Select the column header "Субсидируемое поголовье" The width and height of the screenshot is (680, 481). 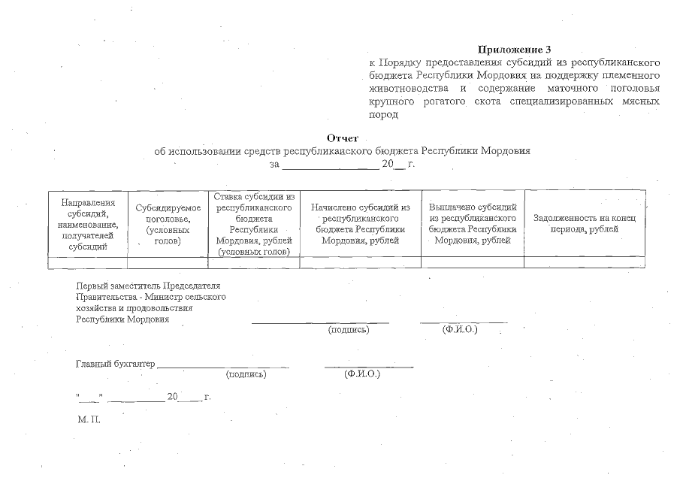(x=168, y=224)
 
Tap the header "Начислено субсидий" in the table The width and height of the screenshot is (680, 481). (x=360, y=223)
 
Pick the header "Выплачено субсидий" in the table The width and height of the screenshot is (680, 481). (x=473, y=223)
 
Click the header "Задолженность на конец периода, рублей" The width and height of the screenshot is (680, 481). (x=585, y=223)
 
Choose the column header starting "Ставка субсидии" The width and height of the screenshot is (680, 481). (x=253, y=223)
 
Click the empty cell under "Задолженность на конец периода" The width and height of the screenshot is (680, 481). (x=585, y=262)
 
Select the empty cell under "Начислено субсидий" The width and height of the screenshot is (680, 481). (x=360, y=262)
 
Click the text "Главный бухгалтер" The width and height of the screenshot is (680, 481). (x=116, y=365)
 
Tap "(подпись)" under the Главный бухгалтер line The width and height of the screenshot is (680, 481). (x=246, y=374)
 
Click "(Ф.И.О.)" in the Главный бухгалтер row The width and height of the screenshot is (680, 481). (x=361, y=374)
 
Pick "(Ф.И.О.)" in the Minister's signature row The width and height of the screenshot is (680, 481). (x=461, y=329)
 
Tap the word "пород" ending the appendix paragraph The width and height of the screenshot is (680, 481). (x=382, y=115)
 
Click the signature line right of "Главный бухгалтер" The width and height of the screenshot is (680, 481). (x=223, y=366)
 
